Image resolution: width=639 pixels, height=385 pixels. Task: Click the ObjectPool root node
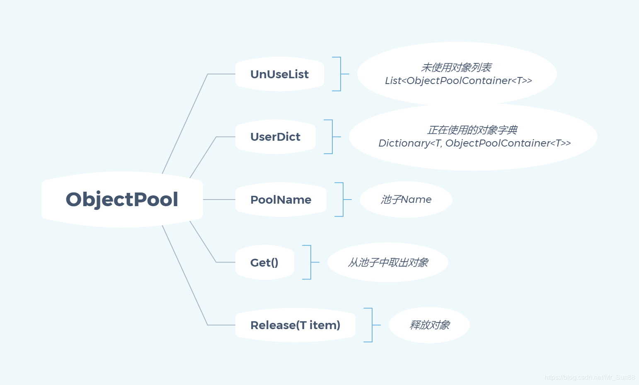pyautogui.click(x=122, y=200)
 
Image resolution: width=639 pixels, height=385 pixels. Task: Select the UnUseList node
pyautogui.click(x=280, y=74)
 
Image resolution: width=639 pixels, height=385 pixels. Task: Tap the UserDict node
pyautogui.click(x=275, y=137)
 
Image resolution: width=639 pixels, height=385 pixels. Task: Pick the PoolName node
pyautogui.click(x=281, y=200)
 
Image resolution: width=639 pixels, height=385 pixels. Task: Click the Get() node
pyautogui.click(x=264, y=262)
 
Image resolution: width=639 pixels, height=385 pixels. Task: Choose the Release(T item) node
pyautogui.click(x=295, y=325)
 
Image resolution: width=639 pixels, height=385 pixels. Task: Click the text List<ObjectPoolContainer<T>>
pyautogui.click(x=458, y=81)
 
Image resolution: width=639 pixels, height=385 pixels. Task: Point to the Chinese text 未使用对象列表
pyautogui.click(x=456, y=67)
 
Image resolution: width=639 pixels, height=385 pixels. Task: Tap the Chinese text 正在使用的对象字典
pyautogui.click(x=472, y=130)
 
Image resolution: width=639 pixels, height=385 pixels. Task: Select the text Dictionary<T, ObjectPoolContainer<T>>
pyautogui.click(x=474, y=143)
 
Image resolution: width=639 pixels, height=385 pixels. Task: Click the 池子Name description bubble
pyautogui.click(x=406, y=200)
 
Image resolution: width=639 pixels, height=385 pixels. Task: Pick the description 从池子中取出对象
pyautogui.click(x=388, y=262)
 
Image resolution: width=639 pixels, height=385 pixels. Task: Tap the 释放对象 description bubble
pyautogui.click(x=429, y=325)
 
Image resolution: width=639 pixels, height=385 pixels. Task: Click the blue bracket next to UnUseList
pyautogui.click(x=341, y=74)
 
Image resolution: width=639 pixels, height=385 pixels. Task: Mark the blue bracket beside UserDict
pyautogui.click(x=332, y=137)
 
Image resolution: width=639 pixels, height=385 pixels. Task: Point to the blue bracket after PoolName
pyautogui.click(x=343, y=200)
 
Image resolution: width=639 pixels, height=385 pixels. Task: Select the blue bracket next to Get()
pyautogui.click(x=311, y=262)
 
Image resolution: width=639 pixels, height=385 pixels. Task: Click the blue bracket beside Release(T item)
pyautogui.click(x=372, y=325)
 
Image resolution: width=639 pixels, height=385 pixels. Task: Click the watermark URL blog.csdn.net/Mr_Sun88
pyautogui.click(x=590, y=377)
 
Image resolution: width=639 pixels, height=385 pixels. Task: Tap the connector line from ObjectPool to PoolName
pyautogui.click(x=219, y=200)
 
